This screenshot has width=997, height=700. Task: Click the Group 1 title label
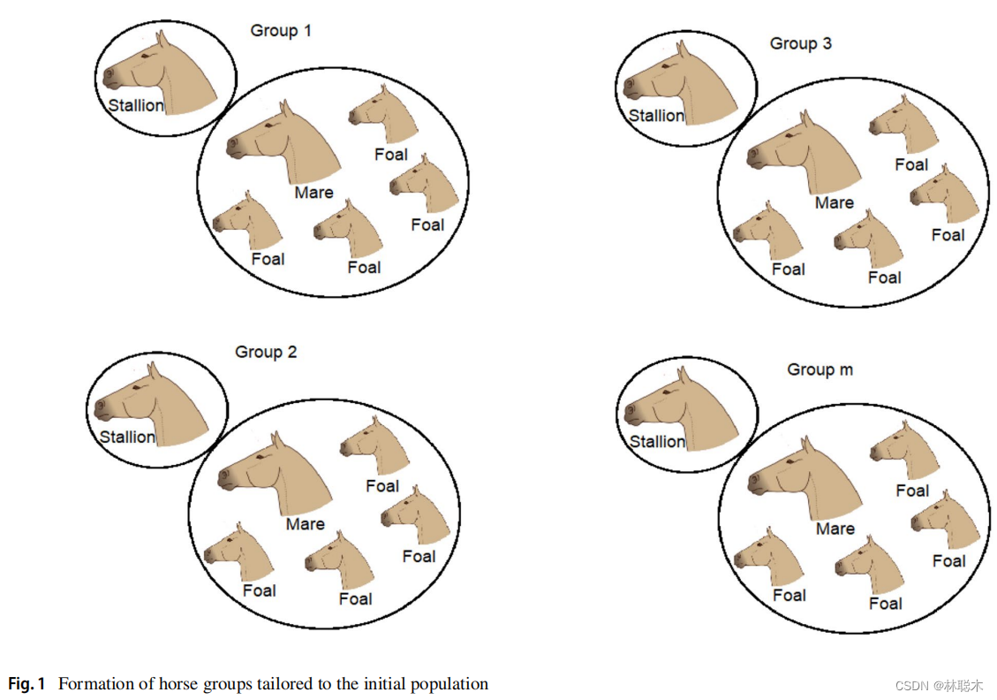(281, 31)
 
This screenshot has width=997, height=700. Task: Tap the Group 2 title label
(266, 352)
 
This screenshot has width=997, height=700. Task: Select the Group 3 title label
(800, 43)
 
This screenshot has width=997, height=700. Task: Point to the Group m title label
(820, 369)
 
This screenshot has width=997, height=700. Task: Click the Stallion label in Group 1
(136, 106)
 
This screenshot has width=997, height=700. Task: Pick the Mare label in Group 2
(305, 524)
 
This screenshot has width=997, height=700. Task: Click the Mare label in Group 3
(834, 202)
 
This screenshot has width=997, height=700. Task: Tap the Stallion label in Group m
(656, 441)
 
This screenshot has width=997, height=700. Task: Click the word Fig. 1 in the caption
(26, 684)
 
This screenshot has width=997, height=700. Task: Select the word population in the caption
(449, 684)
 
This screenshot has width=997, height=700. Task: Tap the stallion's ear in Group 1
(162, 39)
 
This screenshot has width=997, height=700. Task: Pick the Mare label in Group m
(835, 529)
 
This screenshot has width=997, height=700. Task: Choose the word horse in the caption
(193, 684)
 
